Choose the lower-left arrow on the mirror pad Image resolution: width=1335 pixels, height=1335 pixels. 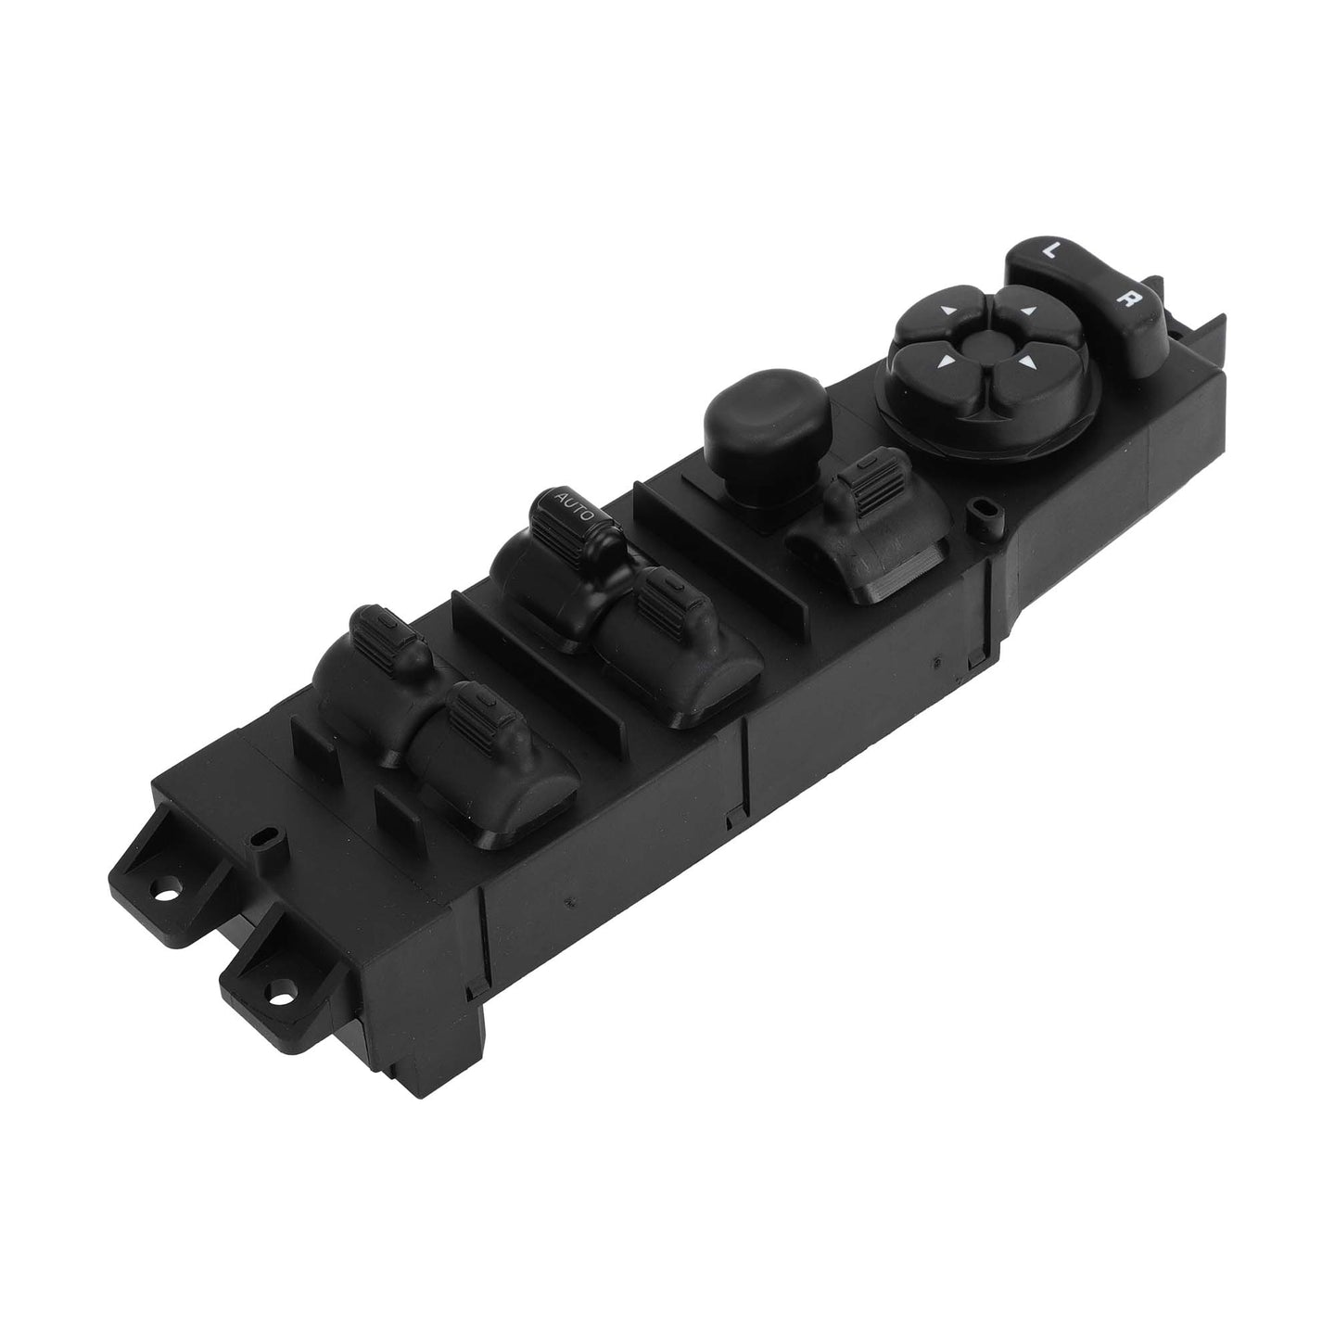[944, 361]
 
